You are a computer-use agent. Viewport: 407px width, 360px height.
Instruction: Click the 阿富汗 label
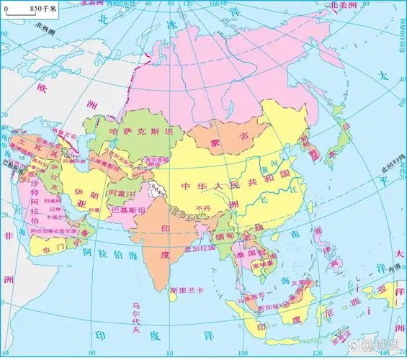[x=121, y=194]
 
